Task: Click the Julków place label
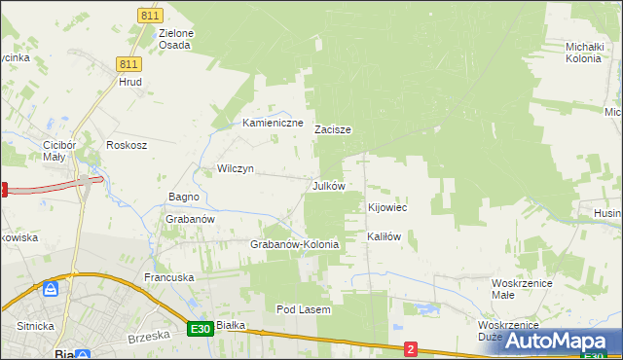[x=328, y=185]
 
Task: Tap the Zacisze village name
[x=332, y=128]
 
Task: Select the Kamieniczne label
[x=274, y=124]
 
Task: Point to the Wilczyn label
[x=236, y=168]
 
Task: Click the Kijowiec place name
[x=387, y=207]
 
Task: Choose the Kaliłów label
[x=384, y=236]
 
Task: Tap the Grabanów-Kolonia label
[x=295, y=244]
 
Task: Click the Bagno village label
[x=184, y=197]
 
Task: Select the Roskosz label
[x=127, y=145]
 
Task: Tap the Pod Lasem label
[x=304, y=309]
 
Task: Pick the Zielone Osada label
[x=175, y=39]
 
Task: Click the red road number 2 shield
[x=411, y=348]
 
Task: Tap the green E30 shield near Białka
[x=201, y=330]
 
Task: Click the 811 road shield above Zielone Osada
[x=149, y=16]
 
